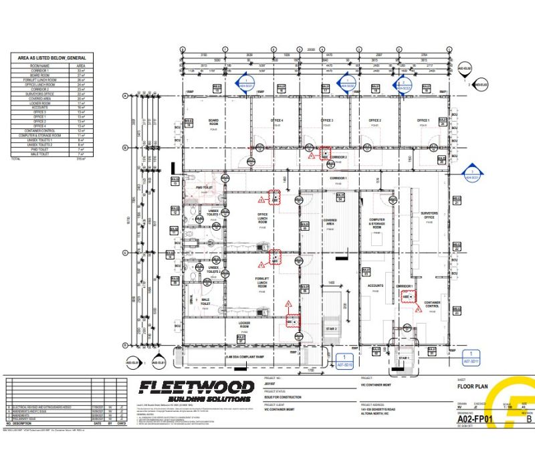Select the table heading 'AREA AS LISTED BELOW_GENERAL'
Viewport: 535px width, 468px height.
pyautogui.click(x=56, y=58)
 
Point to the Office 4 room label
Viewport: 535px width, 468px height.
pyautogui.click(x=277, y=120)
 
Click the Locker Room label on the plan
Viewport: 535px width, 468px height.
pyautogui.click(x=244, y=326)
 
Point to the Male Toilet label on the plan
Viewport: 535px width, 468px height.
pyautogui.click(x=206, y=302)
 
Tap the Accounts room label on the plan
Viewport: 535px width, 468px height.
pyautogui.click(x=375, y=285)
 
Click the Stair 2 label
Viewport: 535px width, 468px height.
pyautogui.click(x=331, y=329)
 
